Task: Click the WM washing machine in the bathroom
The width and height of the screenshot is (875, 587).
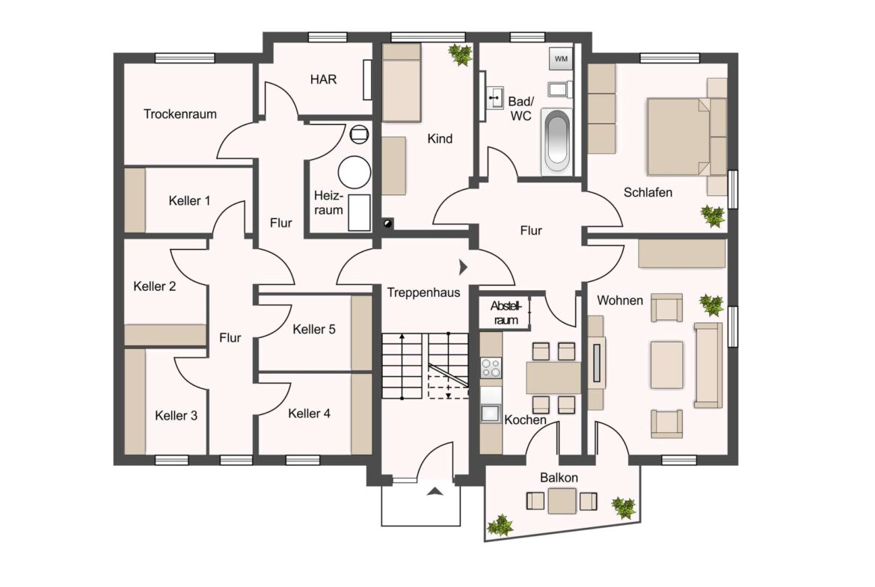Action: pos(561,58)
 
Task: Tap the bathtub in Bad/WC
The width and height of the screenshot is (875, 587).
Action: pos(557,140)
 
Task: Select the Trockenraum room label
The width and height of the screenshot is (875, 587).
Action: pos(179,114)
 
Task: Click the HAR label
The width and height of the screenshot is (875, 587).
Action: pos(324,79)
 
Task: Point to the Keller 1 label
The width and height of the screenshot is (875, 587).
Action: pos(189,200)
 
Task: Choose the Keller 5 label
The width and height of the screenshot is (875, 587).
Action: pos(313,329)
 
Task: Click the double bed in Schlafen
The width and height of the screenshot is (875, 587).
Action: pos(687,136)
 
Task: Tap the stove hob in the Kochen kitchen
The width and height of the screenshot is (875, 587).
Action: pos(491,368)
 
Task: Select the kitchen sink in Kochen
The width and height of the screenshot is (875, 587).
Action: pos(491,413)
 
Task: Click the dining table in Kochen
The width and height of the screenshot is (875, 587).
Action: pos(553,377)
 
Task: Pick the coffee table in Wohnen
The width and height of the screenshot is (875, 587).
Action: pos(666,365)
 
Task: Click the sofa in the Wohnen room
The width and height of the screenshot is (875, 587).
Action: pos(708,365)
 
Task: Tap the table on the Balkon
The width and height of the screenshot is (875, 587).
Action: pos(562,500)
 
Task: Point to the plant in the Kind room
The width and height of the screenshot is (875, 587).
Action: pos(461,55)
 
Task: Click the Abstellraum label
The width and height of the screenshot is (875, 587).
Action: pos(506,313)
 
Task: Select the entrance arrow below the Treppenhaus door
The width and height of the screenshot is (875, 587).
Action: pos(435,491)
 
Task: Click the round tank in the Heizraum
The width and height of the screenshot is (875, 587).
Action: pos(354,173)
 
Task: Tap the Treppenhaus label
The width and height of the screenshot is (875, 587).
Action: pos(423,292)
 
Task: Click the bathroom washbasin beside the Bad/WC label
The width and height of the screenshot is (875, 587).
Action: pos(494,99)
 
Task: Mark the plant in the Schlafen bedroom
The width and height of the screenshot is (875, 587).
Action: pos(713,216)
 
